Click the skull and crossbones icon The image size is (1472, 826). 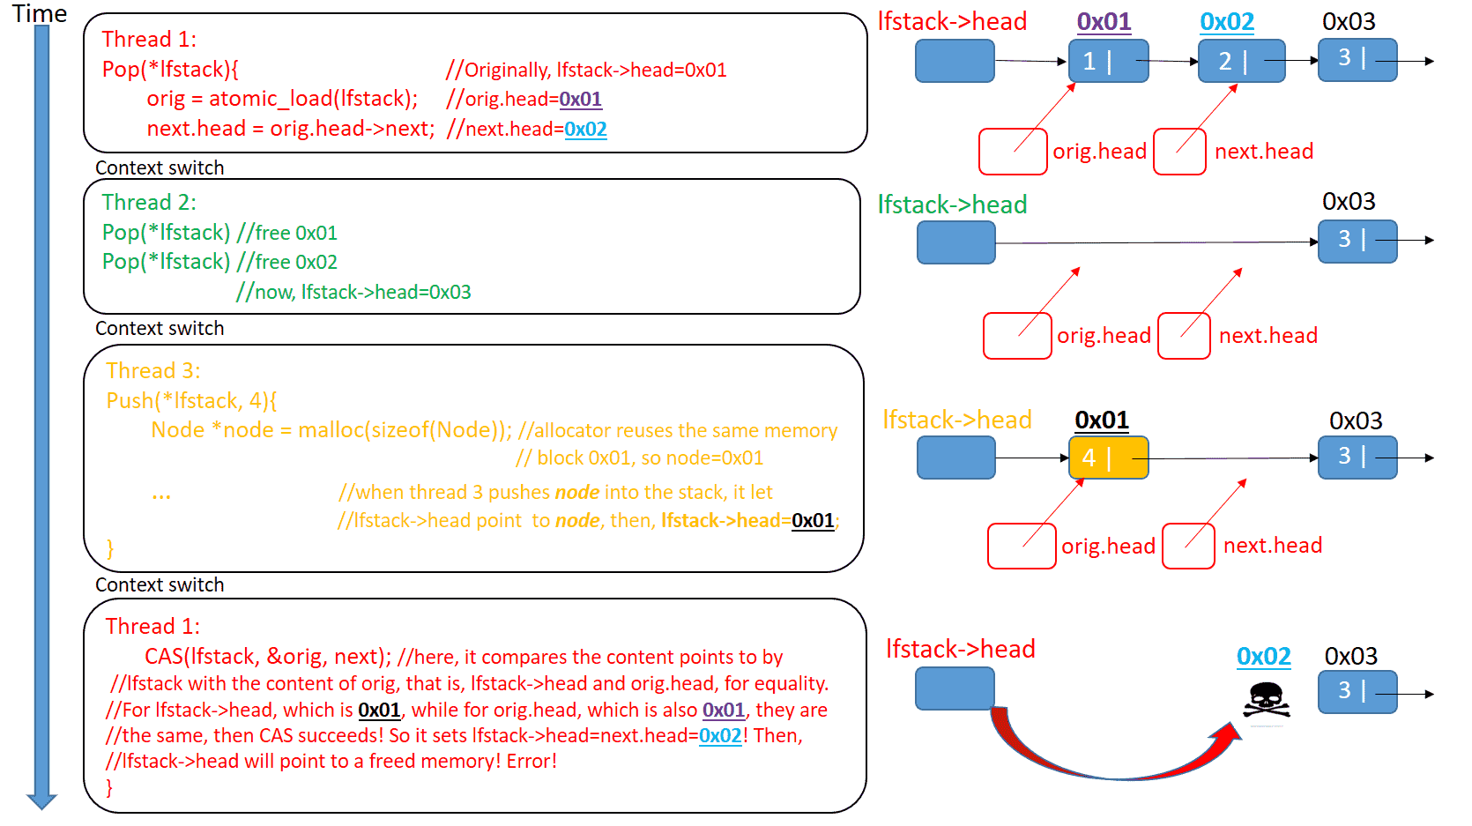[x=1267, y=701]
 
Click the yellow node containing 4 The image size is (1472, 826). [x=1108, y=458]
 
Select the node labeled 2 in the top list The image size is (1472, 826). [x=1241, y=61]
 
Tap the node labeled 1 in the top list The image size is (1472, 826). [x=1108, y=61]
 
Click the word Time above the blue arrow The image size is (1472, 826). [x=40, y=13]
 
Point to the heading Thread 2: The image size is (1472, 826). [x=149, y=202]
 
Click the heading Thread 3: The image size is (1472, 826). [x=153, y=370]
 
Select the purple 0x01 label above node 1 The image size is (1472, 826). [x=1104, y=21]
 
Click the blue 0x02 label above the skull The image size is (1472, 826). [x=1263, y=656]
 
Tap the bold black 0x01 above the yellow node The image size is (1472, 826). [x=1102, y=420]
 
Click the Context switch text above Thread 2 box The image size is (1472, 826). [x=160, y=167]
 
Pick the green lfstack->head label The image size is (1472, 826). [x=952, y=205]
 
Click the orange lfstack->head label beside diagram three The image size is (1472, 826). [x=957, y=420]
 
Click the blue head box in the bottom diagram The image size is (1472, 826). [x=955, y=688]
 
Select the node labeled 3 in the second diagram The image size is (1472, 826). [x=1357, y=241]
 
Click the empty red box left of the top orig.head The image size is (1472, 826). [x=1013, y=152]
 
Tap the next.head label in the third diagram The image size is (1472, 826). [x=1272, y=546]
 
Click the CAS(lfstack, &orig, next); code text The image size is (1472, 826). [x=267, y=657]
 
